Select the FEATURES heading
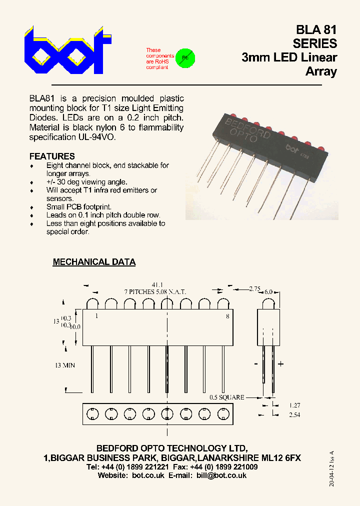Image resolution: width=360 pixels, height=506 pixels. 52,156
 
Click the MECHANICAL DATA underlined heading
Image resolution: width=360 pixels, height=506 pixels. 94,262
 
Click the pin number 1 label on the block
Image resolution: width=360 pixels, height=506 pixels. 96,316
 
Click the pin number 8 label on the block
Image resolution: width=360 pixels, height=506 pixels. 227,316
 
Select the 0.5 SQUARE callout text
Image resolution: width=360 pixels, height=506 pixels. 227,397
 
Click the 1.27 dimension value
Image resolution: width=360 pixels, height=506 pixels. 294,405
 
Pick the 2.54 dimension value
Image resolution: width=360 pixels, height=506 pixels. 294,414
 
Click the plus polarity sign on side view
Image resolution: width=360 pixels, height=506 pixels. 281,364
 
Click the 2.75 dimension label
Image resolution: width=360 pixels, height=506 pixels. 255,289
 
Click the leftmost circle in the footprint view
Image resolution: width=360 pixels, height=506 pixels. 92,413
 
